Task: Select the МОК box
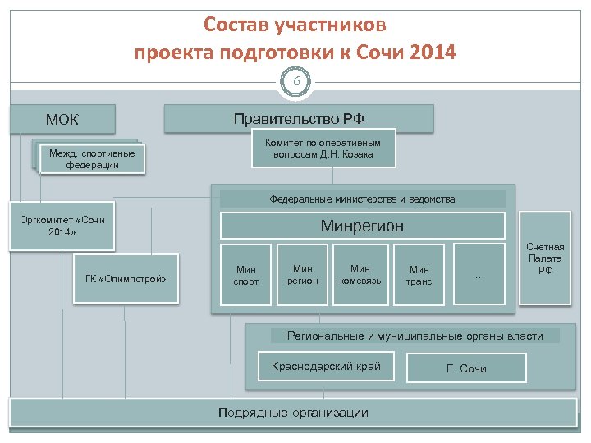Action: pyautogui.click(x=62, y=120)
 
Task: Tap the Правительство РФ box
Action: pyautogui.click(x=299, y=118)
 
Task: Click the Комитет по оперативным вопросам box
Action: pyautogui.click(x=323, y=148)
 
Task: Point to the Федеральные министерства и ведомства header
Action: pyautogui.click(x=362, y=199)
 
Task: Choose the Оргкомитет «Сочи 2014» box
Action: pyautogui.click(x=62, y=226)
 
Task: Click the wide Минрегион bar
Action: pyautogui.click(x=362, y=226)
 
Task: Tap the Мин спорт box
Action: pyautogui.click(x=246, y=275)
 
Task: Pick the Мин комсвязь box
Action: pyautogui.click(x=360, y=274)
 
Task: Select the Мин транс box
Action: pyautogui.click(x=419, y=275)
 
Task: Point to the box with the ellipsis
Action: pyautogui.click(x=479, y=275)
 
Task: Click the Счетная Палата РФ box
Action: pyautogui.click(x=545, y=258)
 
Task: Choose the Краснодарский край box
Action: pyautogui.click(x=326, y=366)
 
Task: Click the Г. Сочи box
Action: pyautogui.click(x=466, y=368)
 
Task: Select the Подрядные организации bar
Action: pyautogui.click(x=293, y=413)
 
